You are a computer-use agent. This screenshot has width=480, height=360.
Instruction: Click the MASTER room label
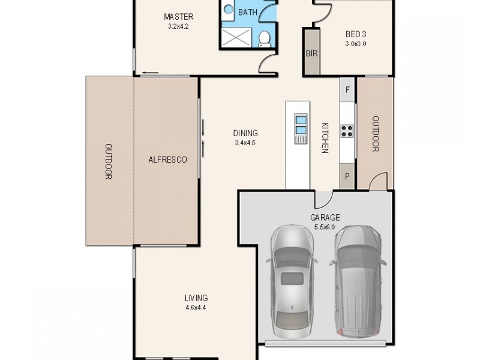point(178,17)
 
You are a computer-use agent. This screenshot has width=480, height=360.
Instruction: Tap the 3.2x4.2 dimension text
point(178,26)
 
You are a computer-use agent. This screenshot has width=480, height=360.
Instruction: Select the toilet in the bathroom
point(264,39)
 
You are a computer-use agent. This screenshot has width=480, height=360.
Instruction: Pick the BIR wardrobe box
point(311,53)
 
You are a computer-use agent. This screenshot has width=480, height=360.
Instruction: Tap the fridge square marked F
point(347,90)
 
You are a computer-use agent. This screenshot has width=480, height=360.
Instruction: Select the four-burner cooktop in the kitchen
point(347,131)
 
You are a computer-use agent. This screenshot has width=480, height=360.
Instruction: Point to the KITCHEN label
point(325,138)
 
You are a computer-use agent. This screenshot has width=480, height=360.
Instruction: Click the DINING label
point(246,133)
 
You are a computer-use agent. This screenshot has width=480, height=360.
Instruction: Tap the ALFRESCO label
point(167,160)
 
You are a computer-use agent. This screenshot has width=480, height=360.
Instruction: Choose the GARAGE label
point(325,218)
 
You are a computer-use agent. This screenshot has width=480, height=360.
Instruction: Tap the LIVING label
point(196,298)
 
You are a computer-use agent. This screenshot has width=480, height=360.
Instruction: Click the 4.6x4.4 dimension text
point(196,308)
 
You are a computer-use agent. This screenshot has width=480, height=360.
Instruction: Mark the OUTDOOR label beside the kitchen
point(375,133)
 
